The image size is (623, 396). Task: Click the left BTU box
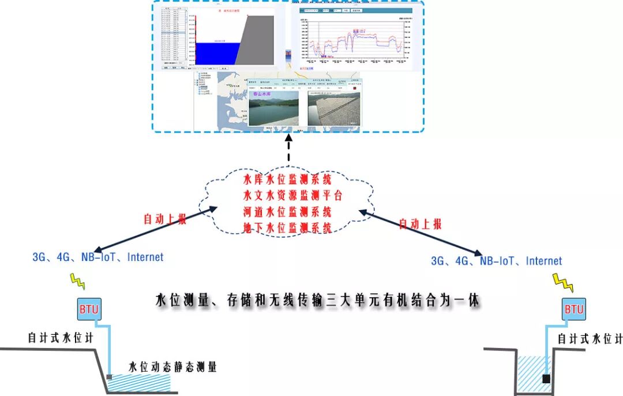tap(88, 309)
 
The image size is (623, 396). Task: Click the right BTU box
tap(573, 309)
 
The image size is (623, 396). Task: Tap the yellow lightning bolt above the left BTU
tap(77, 281)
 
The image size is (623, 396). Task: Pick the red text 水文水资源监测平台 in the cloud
tap(293, 195)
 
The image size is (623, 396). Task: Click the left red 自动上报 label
tap(165, 219)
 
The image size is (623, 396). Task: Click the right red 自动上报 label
tap(421, 224)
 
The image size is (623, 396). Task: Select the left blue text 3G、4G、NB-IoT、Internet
tap(98, 257)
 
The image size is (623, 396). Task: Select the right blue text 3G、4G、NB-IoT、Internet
tap(496, 261)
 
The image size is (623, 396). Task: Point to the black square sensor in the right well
tap(546, 379)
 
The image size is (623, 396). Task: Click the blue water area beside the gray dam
tap(216, 53)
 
